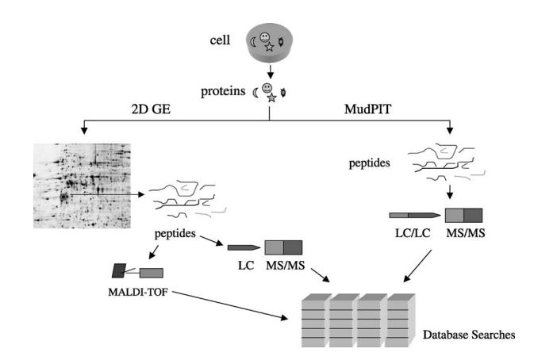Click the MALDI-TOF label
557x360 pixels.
pos(140,291)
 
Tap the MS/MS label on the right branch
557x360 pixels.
pos(464,235)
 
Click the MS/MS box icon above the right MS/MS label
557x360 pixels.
pos(463,214)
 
